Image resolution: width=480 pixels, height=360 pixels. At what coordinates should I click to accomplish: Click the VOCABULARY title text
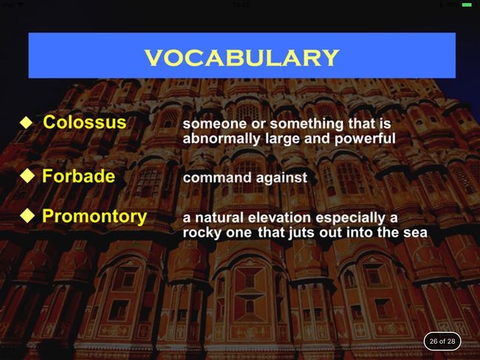click(x=241, y=58)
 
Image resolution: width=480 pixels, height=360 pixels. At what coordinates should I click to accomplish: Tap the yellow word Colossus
click(x=84, y=122)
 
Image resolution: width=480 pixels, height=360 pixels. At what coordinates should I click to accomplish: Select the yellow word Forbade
click(x=79, y=176)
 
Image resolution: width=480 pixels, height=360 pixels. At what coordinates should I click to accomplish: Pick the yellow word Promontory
click(x=95, y=217)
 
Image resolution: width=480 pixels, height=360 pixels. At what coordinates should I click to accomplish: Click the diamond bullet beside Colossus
click(x=27, y=122)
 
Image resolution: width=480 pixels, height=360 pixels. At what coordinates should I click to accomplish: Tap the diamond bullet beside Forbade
click(x=27, y=176)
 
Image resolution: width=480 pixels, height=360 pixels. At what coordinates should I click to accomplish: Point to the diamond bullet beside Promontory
click(x=27, y=215)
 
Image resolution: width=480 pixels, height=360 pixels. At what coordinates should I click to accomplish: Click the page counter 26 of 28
click(x=442, y=341)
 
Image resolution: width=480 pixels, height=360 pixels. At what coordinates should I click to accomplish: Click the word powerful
click(x=365, y=139)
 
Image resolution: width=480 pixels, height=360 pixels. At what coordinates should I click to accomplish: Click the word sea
click(x=416, y=233)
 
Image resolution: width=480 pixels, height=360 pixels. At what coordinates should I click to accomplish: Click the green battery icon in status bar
click(x=467, y=5)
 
